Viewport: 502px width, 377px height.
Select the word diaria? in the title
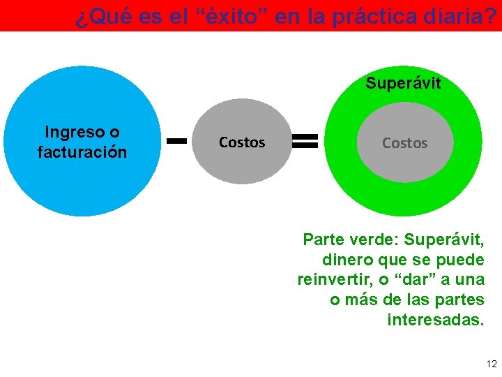coord(459,17)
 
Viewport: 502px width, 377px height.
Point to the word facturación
coord(82,151)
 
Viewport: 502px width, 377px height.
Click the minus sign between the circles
coord(178,141)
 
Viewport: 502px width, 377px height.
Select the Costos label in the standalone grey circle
coord(242,142)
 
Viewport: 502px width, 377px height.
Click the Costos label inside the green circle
coord(404,143)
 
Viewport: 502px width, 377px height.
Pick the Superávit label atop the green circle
coord(404,84)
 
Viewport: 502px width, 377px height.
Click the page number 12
coord(492,364)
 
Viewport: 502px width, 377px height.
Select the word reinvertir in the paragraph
coord(331,280)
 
